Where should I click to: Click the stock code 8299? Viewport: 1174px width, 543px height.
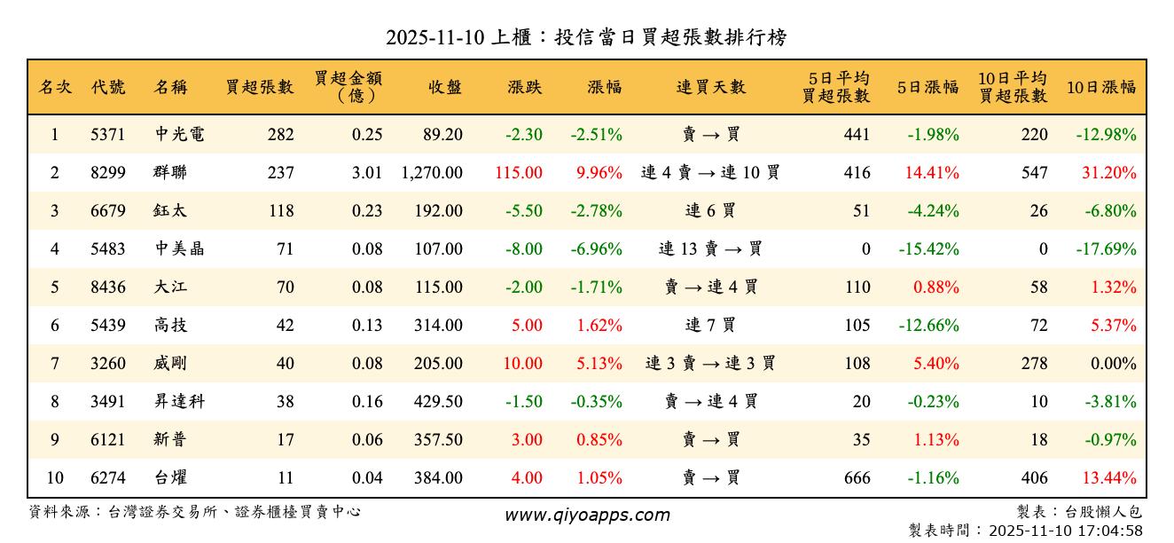(x=108, y=173)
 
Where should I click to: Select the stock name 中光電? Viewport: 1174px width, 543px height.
(x=179, y=135)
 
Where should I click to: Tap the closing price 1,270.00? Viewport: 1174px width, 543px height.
(x=432, y=173)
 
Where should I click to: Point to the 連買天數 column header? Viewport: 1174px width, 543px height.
(x=711, y=88)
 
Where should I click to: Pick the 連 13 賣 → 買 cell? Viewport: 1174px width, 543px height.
(x=711, y=249)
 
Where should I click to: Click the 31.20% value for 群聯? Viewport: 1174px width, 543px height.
(x=1108, y=173)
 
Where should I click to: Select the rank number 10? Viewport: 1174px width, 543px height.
(x=55, y=478)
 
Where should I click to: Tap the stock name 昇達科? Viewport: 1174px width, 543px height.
(x=179, y=402)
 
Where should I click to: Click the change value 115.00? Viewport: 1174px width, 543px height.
(x=519, y=173)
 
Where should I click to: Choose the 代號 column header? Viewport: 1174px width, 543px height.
(x=108, y=88)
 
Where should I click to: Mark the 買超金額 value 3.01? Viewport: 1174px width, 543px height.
(x=367, y=173)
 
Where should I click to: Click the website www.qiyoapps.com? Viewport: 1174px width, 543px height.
(x=587, y=515)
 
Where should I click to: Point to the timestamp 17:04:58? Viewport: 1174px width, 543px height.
(x=1111, y=531)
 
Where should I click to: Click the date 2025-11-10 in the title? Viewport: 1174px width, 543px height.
(x=434, y=38)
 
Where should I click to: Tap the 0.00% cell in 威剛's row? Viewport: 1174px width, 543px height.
(x=1114, y=364)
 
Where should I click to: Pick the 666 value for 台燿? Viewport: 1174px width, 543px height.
(x=857, y=478)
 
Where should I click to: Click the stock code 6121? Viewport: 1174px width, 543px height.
(x=108, y=440)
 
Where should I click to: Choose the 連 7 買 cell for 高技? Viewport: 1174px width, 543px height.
(x=711, y=326)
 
